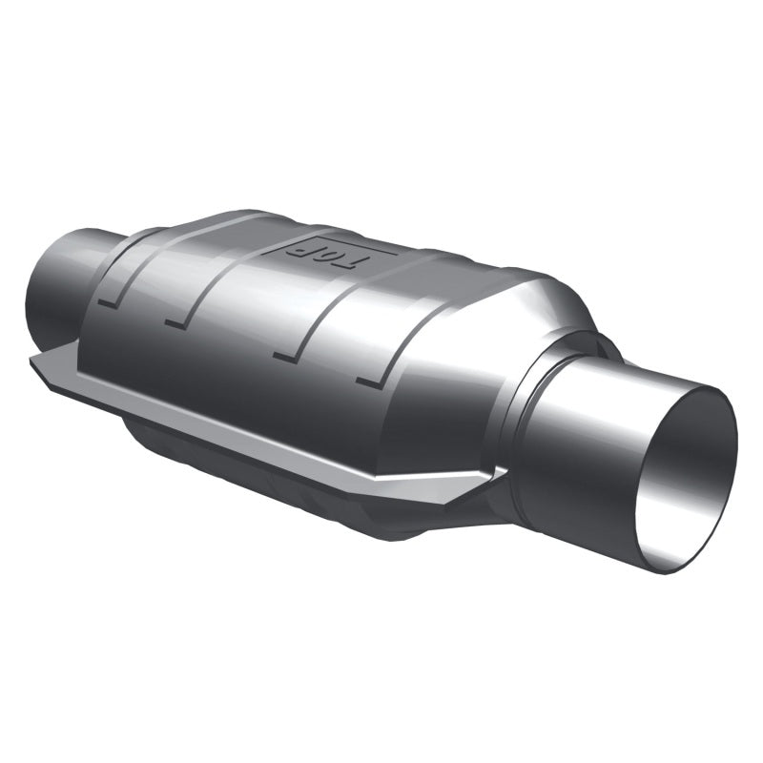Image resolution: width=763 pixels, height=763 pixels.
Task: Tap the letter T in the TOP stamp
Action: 349,259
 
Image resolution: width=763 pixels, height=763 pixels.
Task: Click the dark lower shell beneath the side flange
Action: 286,477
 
